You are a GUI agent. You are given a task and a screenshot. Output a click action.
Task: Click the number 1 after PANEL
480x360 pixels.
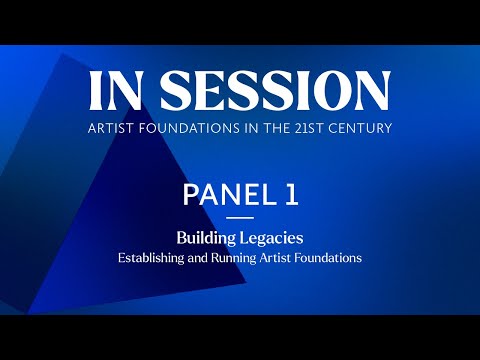291,194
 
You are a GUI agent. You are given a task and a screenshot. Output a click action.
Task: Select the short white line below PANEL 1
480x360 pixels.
240,218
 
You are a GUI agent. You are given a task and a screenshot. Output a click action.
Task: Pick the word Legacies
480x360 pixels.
272,239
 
